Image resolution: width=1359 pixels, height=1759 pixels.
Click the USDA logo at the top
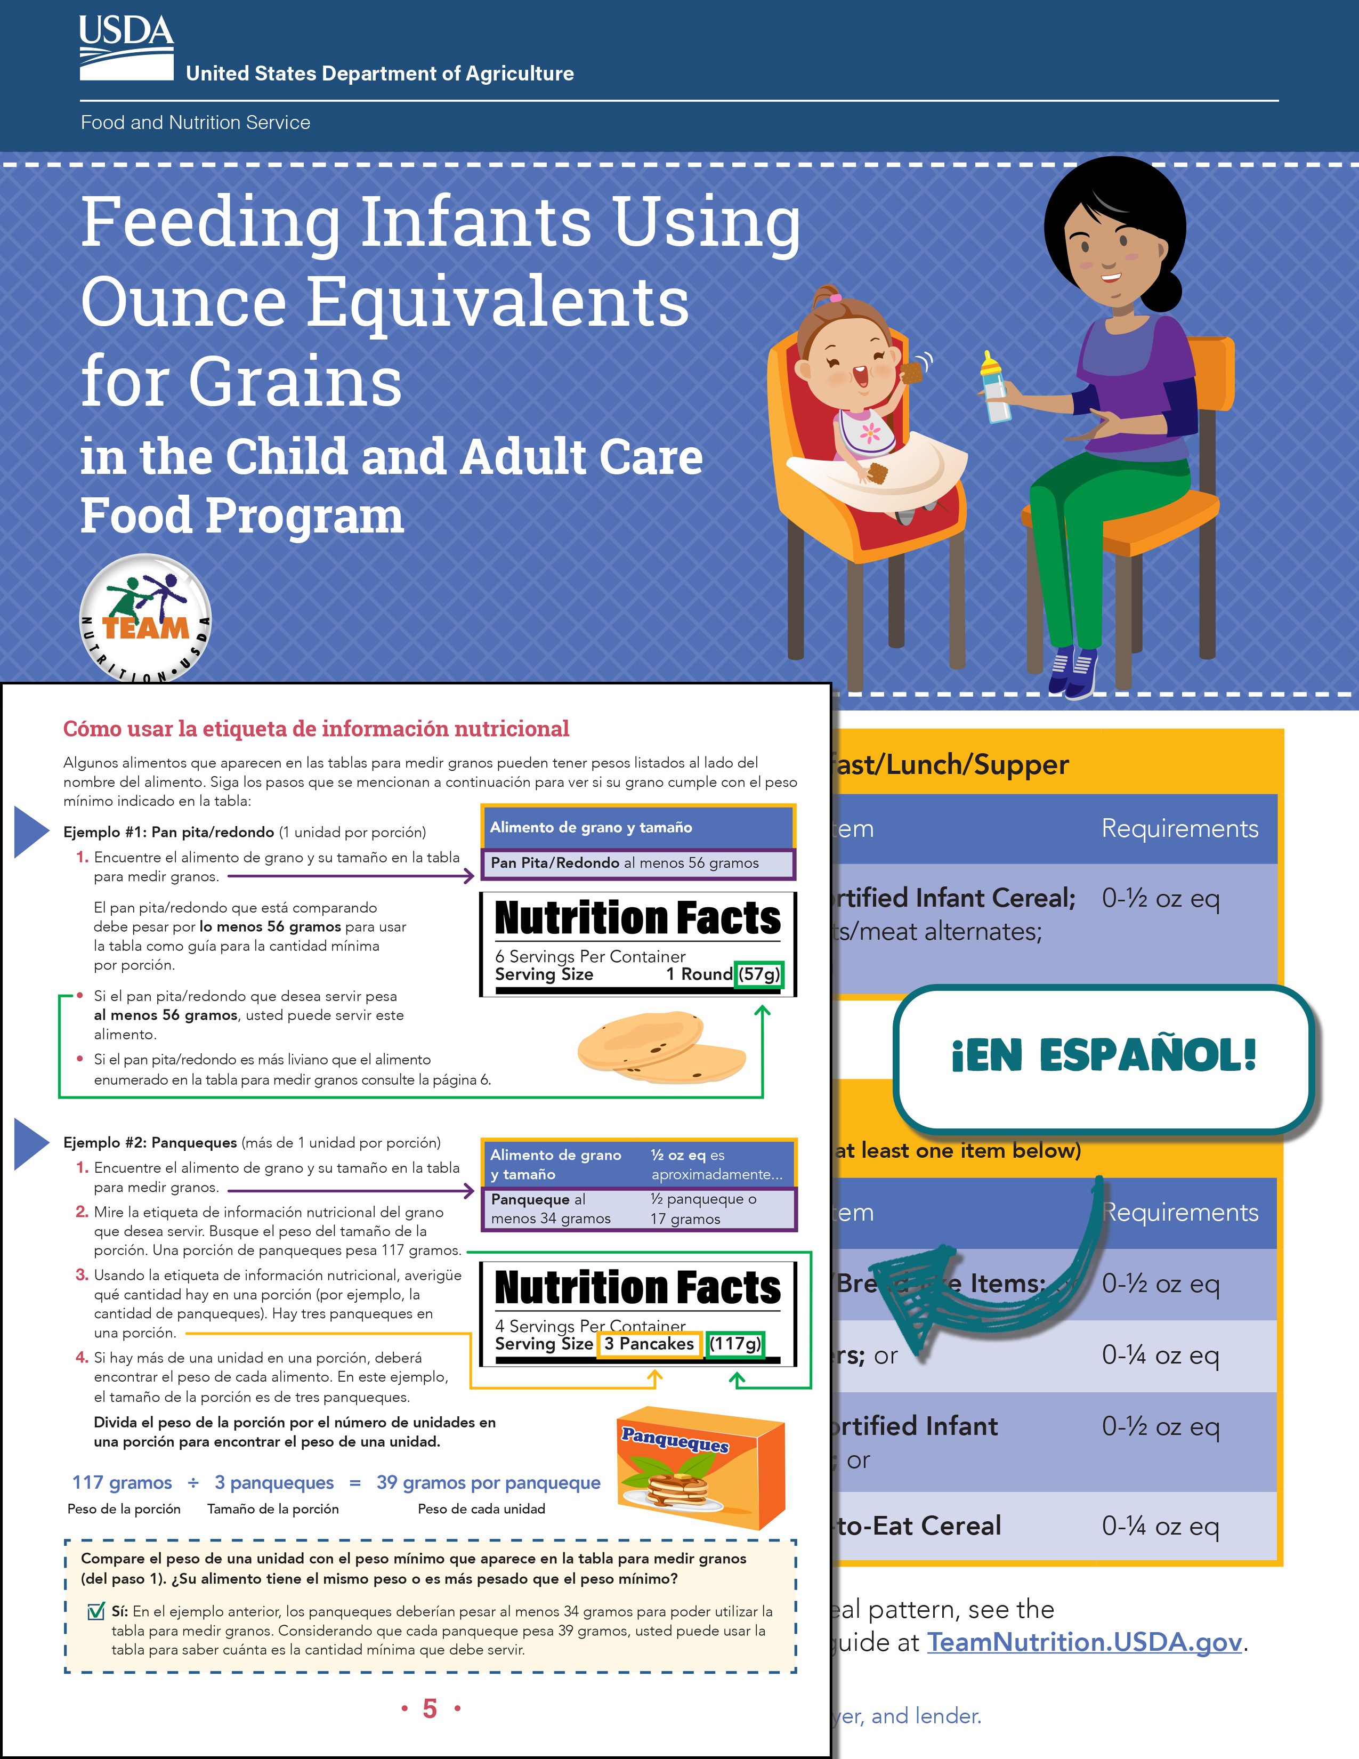click(x=126, y=47)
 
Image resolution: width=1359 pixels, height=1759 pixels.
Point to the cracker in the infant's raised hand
click(x=912, y=372)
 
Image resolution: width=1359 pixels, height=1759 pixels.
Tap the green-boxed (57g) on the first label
click(x=759, y=974)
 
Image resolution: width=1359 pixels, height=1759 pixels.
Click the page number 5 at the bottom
click(x=430, y=1708)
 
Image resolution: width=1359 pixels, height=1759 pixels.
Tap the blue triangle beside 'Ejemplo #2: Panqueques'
click(x=32, y=1142)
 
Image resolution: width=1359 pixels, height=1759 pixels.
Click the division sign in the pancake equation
click(x=193, y=1483)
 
